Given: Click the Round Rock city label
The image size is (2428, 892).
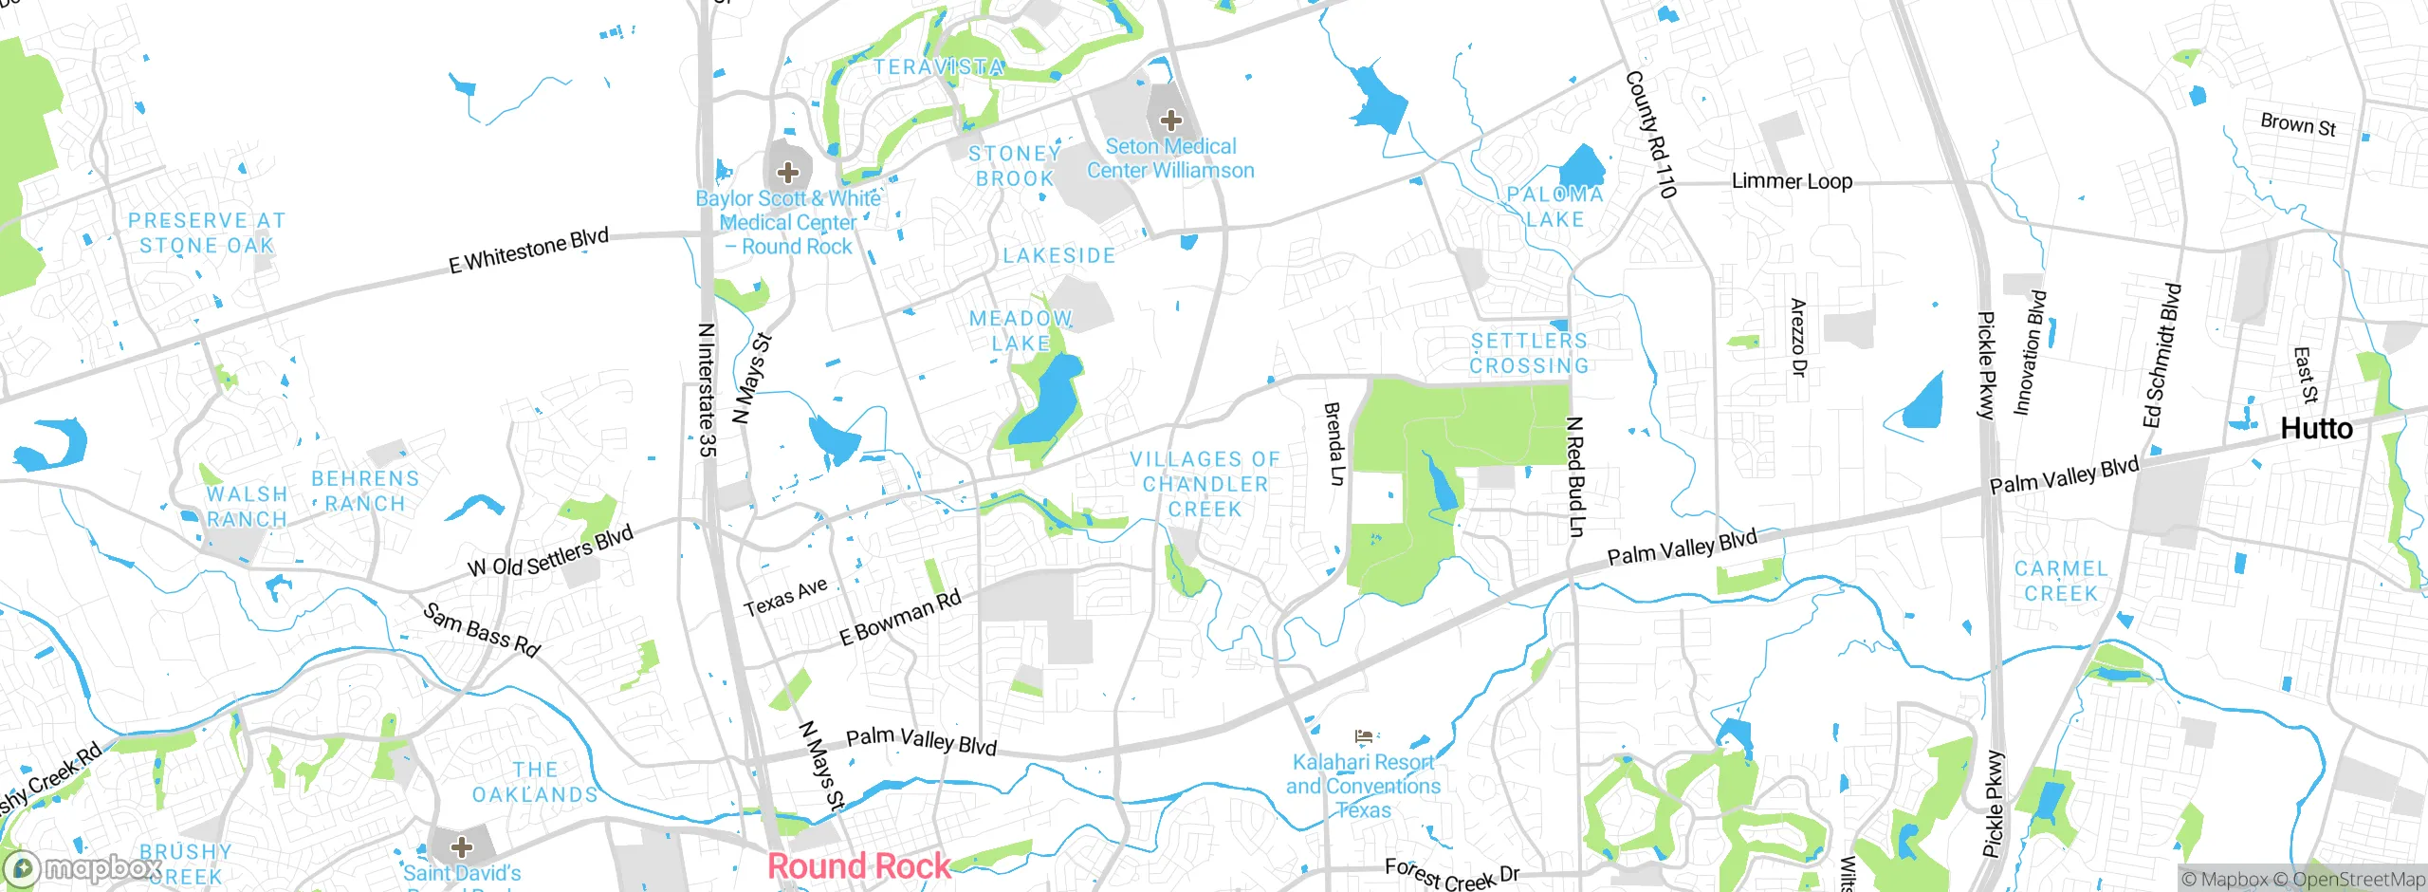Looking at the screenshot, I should pyautogui.click(x=858, y=865).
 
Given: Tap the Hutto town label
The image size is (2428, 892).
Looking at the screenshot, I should pyautogui.click(x=2316, y=429).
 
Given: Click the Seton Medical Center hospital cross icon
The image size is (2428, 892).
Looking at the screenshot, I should pyautogui.click(x=1171, y=121).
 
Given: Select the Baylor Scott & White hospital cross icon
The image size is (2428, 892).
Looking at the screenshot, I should pyautogui.click(x=787, y=173).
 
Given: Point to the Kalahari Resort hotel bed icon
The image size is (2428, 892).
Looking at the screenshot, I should pyautogui.click(x=1364, y=736).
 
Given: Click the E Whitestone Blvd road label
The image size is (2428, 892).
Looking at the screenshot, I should pyautogui.click(x=528, y=251).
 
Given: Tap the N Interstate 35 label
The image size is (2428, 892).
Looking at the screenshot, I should pyautogui.click(x=706, y=389).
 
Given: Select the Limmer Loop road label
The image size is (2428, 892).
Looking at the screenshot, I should pyautogui.click(x=1792, y=181).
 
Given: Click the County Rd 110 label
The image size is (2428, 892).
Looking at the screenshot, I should pyautogui.click(x=1651, y=134).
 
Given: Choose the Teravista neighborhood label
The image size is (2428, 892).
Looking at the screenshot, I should pyautogui.click(x=938, y=67).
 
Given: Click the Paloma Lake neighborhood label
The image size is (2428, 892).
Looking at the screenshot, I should pyautogui.click(x=1555, y=207).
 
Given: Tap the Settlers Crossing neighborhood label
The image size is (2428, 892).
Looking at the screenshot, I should pyautogui.click(x=1529, y=353).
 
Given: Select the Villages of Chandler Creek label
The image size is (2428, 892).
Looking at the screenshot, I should pyautogui.click(x=1205, y=484).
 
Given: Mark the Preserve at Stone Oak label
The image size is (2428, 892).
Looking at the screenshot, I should pyautogui.click(x=207, y=233).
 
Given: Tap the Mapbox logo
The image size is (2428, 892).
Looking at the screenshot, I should pyautogui.click(x=81, y=867).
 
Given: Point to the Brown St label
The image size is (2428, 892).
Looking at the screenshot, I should pyautogui.click(x=2298, y=124).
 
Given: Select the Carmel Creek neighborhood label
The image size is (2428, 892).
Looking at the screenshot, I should pyautogui.click(x=2060, y=581).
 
